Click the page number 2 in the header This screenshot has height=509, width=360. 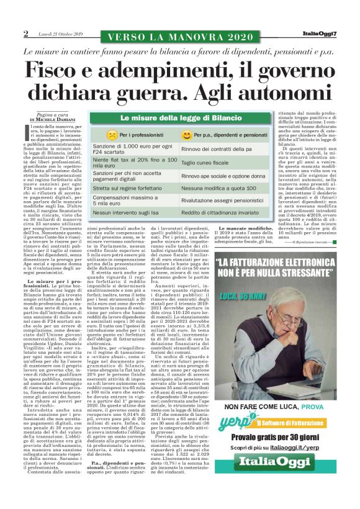[25, 33]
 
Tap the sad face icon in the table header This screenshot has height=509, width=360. [112, 134]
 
